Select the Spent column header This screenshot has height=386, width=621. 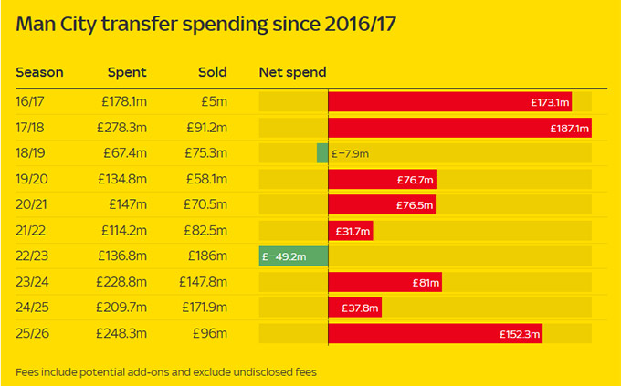(x=126, y=72)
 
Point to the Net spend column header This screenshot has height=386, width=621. (x=292, y=72)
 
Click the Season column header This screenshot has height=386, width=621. (x=39, y=72)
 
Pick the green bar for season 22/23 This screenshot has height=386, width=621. (x=293, y=256)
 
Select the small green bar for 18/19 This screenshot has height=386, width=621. (x=322, y=153)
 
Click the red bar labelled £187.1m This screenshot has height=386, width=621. (x=459, y=128)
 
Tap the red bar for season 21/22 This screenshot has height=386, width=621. (x=350, y=231)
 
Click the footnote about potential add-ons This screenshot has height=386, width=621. (x=165, y=371)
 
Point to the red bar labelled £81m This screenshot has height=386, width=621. (x=384, y=282)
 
